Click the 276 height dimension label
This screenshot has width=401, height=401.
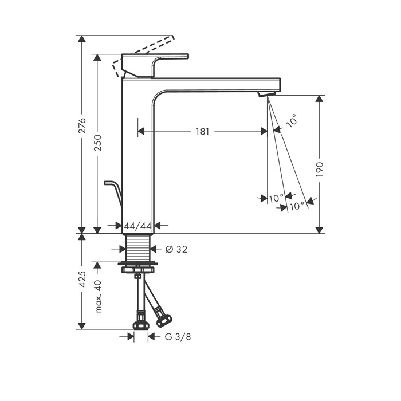[x=82, y=125]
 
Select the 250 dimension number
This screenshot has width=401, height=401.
[x=98, y=143]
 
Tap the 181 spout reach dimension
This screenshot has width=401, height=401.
[x=203, y=132]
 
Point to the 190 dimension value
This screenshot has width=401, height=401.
[x=320, y=170]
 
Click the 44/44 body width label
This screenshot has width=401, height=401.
[x=138, y=226]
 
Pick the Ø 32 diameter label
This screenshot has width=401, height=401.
[x=176, y=249]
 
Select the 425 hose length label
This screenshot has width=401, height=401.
[x=82, y=280]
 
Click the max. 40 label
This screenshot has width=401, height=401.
[x=98, y=296]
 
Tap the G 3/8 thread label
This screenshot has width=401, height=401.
[x=178, y=337]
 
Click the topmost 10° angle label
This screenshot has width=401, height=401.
[x=292, y=120]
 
